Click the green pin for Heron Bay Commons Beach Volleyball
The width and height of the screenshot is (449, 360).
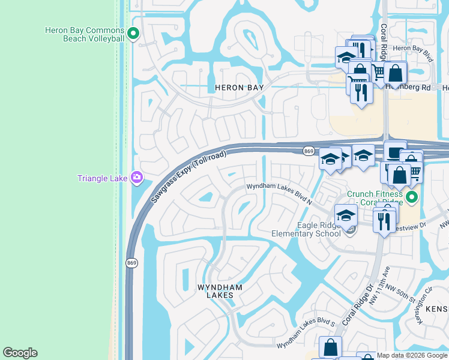[x=134, y=34]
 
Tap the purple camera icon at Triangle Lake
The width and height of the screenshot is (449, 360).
[x=137, y=177]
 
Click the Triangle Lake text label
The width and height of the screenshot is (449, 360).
[x=103, y=178]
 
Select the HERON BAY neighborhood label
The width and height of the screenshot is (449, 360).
[x=239, y=88]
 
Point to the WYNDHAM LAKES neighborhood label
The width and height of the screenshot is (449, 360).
[x=220, y=292]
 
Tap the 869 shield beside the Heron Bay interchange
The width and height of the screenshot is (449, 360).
[x=309, y=151]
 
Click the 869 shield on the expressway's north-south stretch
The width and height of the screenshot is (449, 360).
[x=131, y=263]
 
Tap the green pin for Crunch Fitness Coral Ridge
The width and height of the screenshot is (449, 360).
[x=411, y=197]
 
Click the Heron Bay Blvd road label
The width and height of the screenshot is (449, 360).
[x=412, y=52]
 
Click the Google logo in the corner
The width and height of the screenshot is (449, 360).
[x=20, y=353]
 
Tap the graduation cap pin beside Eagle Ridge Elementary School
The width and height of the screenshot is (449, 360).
[x=346, y=215]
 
